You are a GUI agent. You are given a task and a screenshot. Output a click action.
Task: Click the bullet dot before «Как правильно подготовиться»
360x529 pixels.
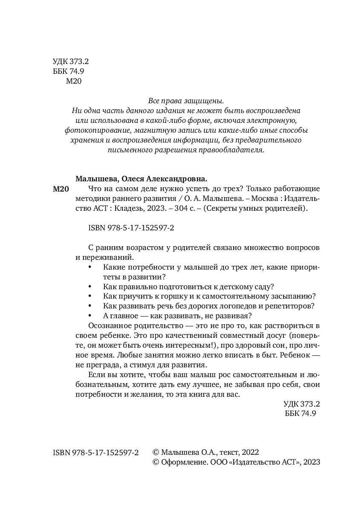click(89, 286)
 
